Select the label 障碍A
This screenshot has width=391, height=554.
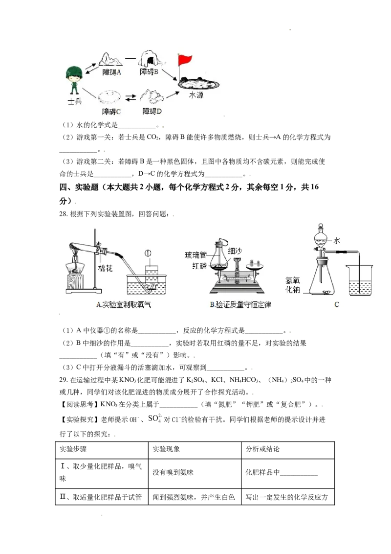pyautogui.click(x=112, y=72)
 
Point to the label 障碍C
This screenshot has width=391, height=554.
pyautogui.click(x=111, y=111)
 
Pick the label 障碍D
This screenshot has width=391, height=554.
pyautogui.click(x=152, y=111)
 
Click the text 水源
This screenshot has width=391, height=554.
pyautogui.click(x=196, y=95)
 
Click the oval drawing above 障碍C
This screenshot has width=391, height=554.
pyautogui.click(x=110, y=97)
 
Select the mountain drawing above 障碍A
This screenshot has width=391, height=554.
pyautogui.click(x=111, y=59)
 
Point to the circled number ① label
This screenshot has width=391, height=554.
pyautogui.click(x=148, y=254)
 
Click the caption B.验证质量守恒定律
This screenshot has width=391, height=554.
pyautogui.click(x=240, y=305)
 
